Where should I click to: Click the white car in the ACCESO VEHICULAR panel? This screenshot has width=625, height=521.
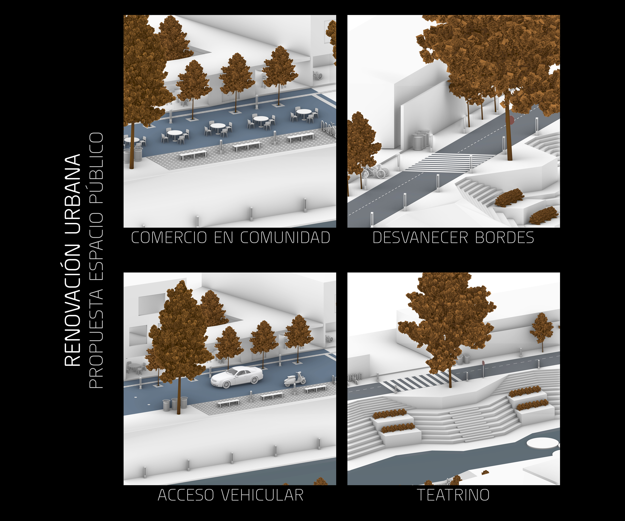(237, 377)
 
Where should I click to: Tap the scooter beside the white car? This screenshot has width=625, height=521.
(295, 379)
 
